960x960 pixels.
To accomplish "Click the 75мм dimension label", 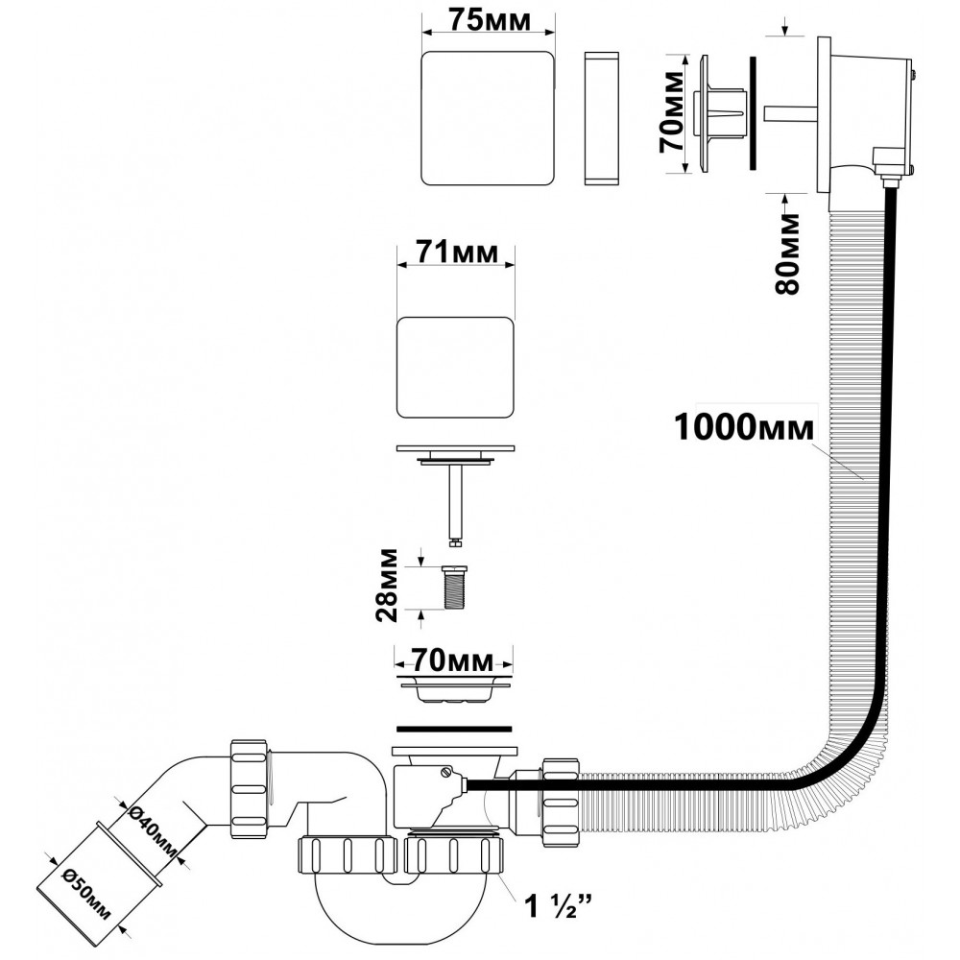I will (490, 20).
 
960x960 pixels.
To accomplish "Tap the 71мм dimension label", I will (457, 253).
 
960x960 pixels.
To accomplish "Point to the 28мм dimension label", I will (389, 586).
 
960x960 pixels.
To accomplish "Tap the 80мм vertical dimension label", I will (786, 254).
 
